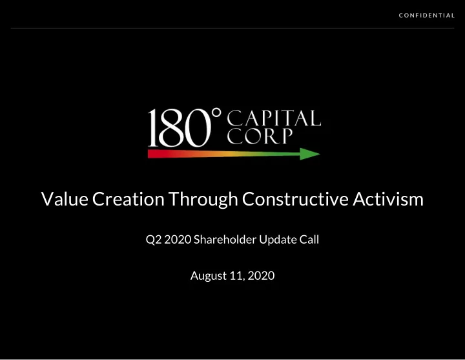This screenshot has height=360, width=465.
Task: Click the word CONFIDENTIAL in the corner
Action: coord(426,16)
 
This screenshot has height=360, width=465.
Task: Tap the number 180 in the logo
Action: coord(180,128)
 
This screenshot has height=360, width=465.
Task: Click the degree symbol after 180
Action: coord(217,112)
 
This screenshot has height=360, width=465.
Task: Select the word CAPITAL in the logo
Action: coord(274,118)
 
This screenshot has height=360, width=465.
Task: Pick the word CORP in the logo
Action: coord(260,136)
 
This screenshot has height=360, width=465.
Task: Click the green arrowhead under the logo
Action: coord(310,154)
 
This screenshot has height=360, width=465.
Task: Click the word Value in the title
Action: coord(65,199)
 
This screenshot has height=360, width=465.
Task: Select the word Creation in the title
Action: coord(128,199)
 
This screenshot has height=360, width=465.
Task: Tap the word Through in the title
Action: coord(203,200)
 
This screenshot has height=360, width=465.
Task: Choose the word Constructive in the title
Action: coord(295,199)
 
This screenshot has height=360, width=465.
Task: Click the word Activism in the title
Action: coord(388,199)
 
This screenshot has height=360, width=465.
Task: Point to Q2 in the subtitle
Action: coord(153,240)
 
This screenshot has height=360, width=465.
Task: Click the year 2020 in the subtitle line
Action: coord(178,240)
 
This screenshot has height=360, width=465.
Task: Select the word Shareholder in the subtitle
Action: coord(225,240)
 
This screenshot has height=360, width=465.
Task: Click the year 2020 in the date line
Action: coord(261,276)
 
